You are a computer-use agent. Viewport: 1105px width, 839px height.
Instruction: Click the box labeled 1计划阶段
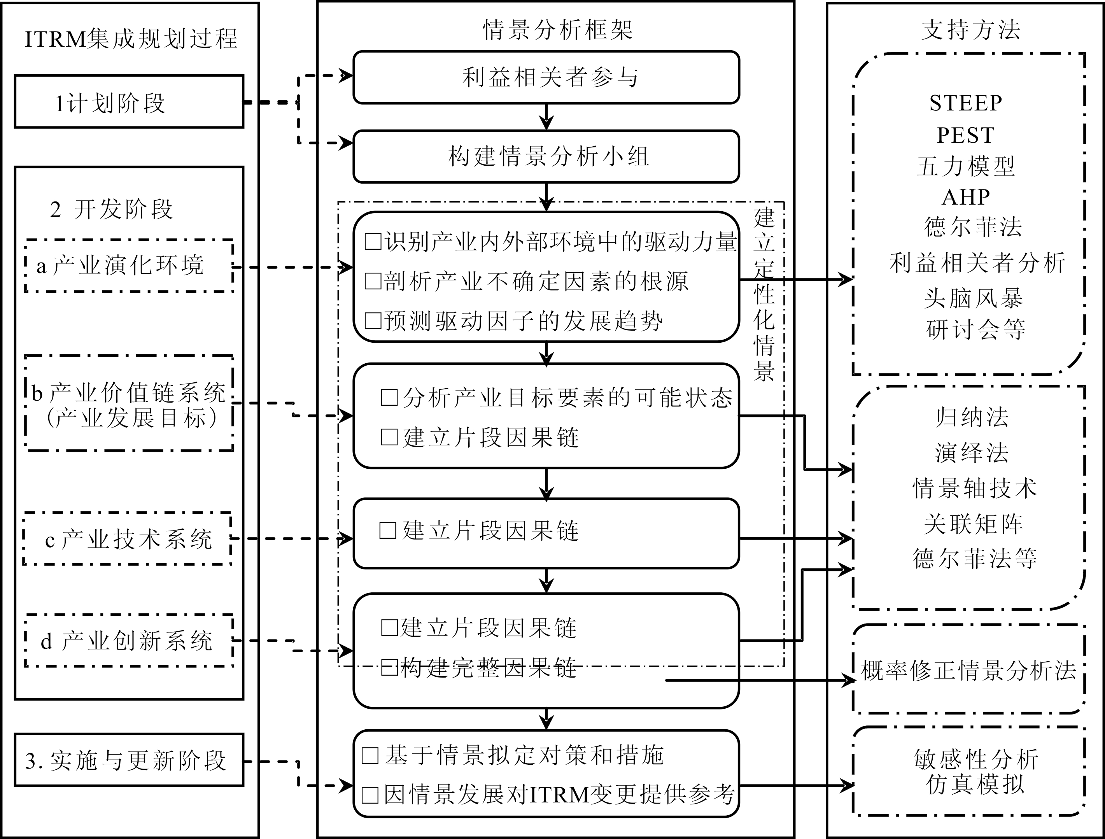129,102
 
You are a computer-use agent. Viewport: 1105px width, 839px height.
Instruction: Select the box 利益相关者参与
546,77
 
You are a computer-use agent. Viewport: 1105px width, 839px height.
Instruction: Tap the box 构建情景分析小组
546,156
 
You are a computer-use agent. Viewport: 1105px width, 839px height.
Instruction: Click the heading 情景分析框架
557,30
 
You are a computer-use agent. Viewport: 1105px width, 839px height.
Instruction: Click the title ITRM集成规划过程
131,39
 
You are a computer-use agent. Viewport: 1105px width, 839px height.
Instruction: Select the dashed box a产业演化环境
129,266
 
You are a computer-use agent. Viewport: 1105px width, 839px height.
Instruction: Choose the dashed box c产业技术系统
128,539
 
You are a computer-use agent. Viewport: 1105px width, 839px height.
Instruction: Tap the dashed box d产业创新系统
129,641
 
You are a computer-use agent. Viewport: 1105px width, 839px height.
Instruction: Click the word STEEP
966,103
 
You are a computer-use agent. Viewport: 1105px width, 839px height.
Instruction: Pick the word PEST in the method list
966,135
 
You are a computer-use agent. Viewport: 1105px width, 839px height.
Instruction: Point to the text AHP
966,197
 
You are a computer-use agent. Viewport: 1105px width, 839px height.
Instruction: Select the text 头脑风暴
973,298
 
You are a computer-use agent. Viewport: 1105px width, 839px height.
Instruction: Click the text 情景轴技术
974,488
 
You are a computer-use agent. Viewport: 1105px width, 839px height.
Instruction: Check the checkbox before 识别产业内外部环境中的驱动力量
373,242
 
